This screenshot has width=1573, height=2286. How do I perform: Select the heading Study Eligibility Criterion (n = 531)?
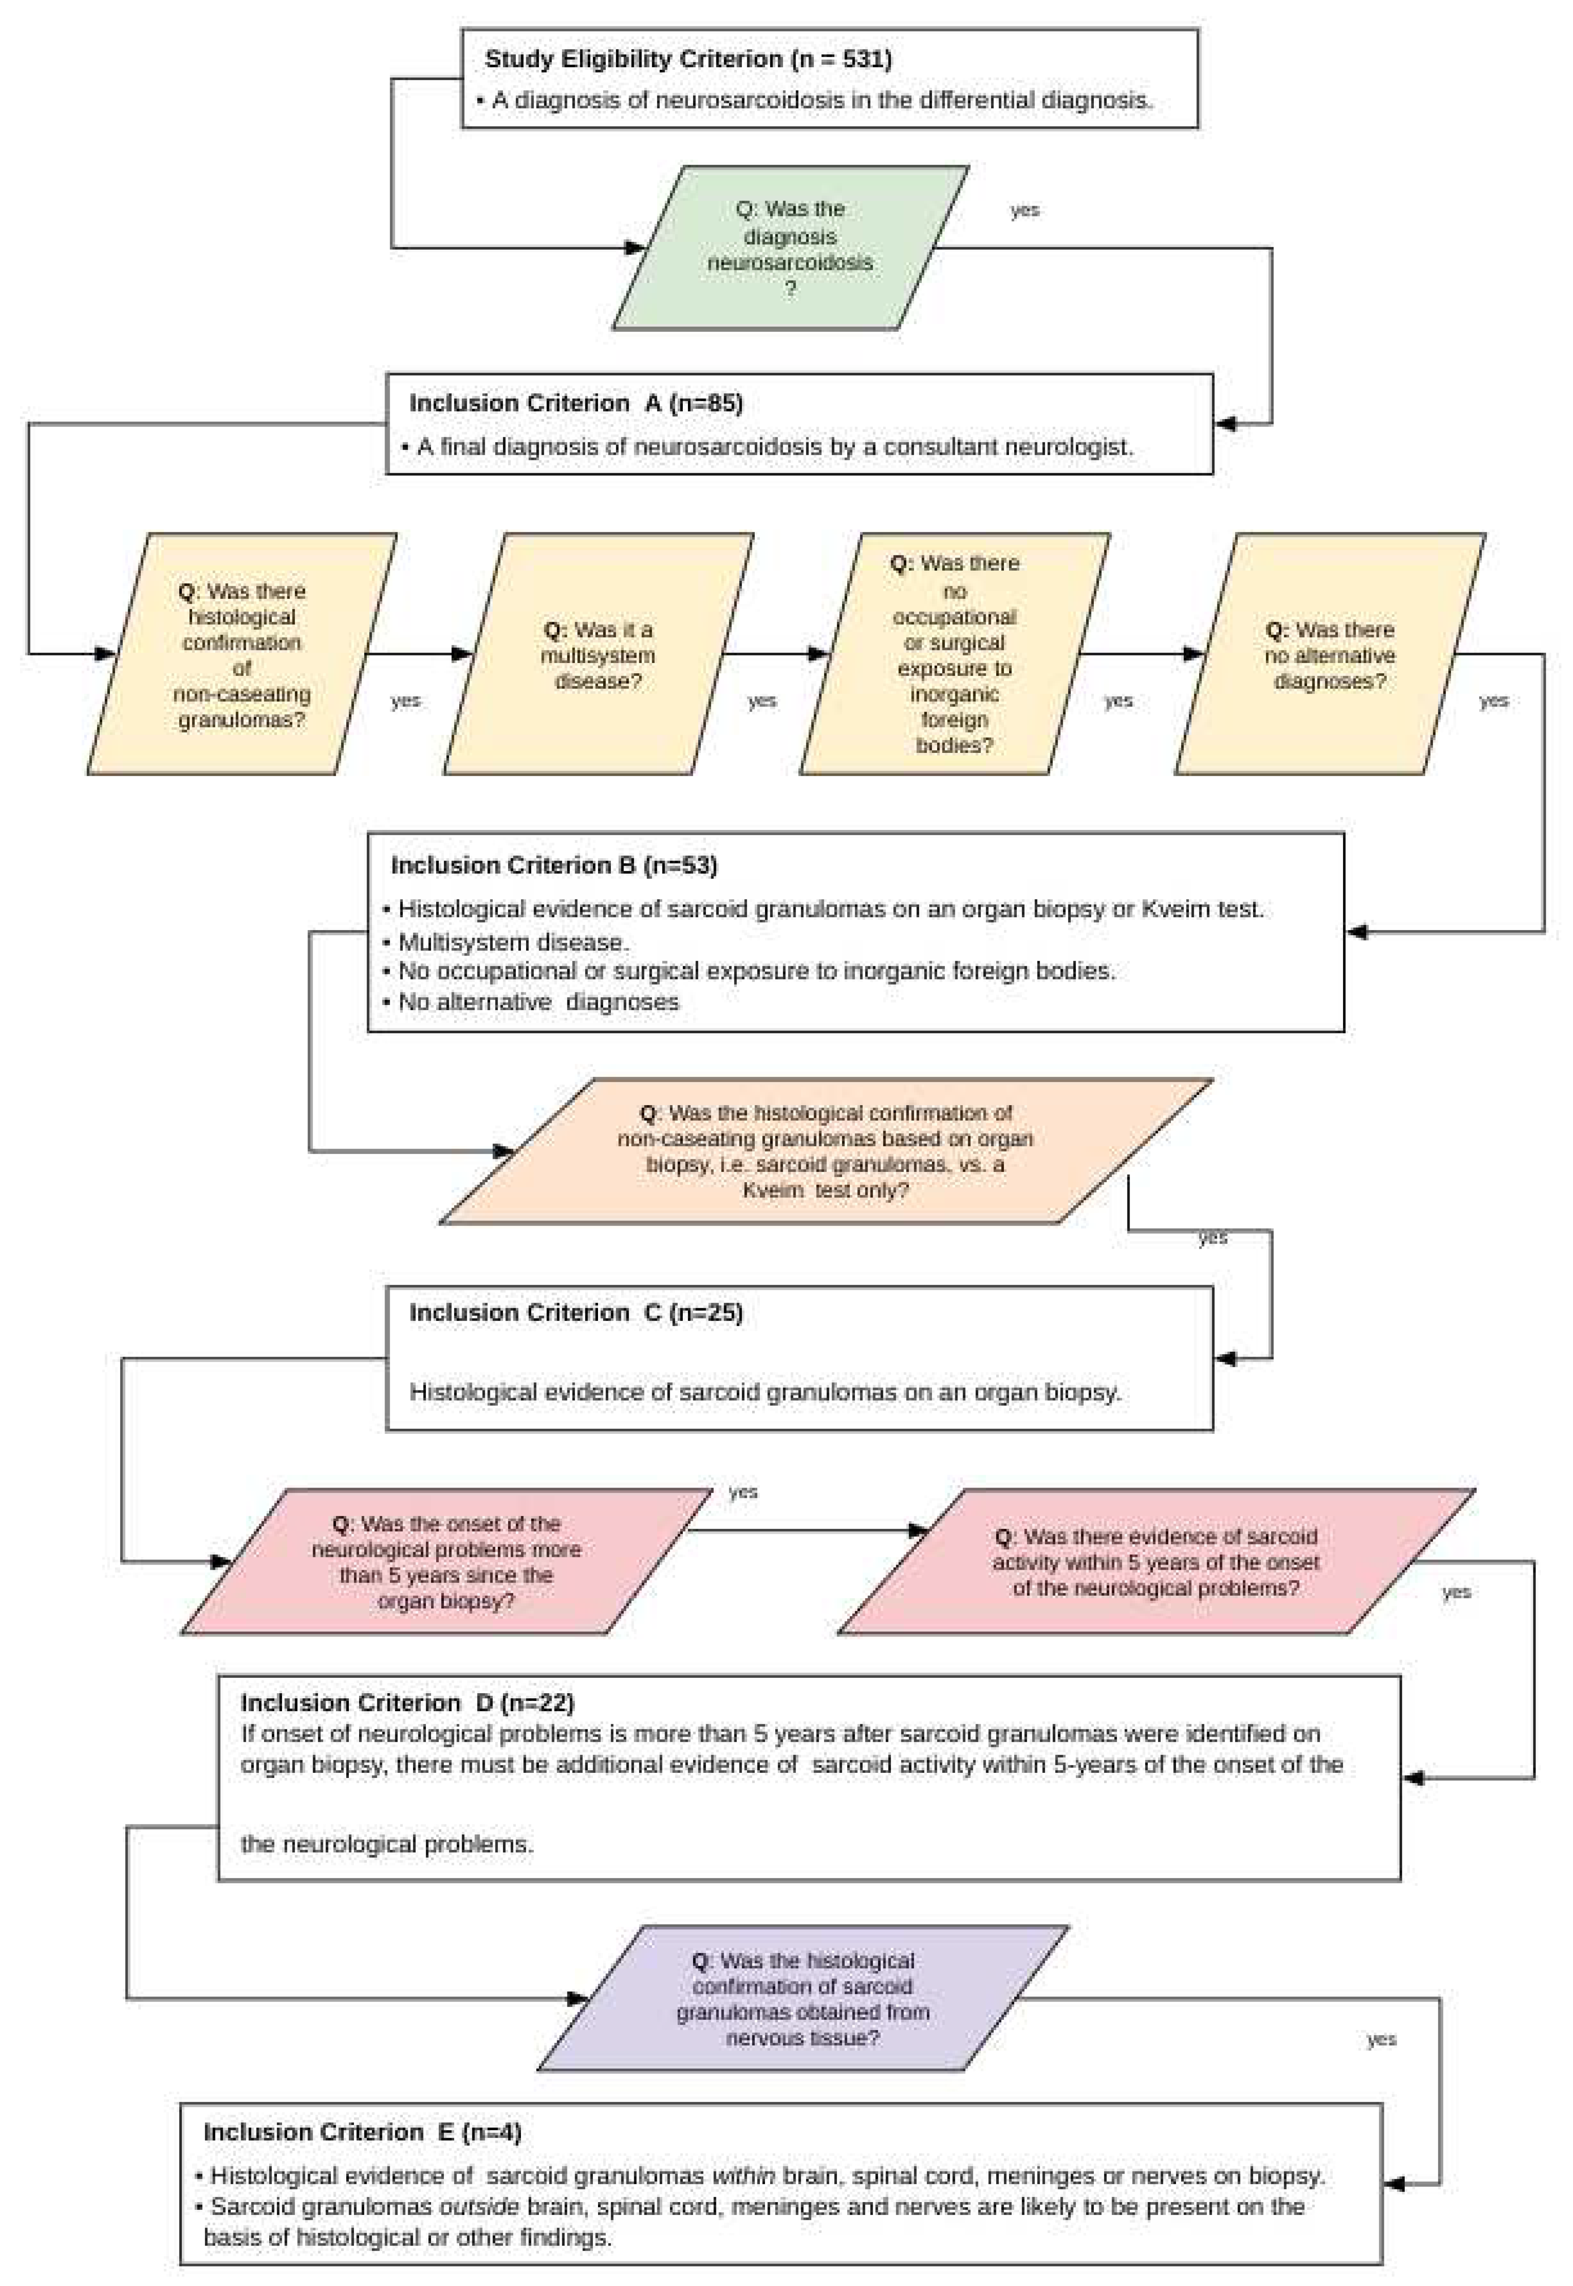pyautogui.click(x=688, y=59)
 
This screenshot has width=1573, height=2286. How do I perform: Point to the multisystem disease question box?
pyautogui.click(x=598, y=654)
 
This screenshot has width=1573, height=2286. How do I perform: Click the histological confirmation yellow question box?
pyautogui.click(x=242, y=654)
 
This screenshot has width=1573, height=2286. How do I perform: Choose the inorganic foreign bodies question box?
pyautogui.click(x=954, y=654)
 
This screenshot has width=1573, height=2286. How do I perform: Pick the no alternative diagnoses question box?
pyautogui.click(x=1329, y=654)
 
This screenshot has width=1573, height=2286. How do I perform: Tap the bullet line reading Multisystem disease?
pyautogui.click(x=512, y=942)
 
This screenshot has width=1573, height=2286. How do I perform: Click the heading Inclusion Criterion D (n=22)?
pyautogui.click(x=407, y=1703)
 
